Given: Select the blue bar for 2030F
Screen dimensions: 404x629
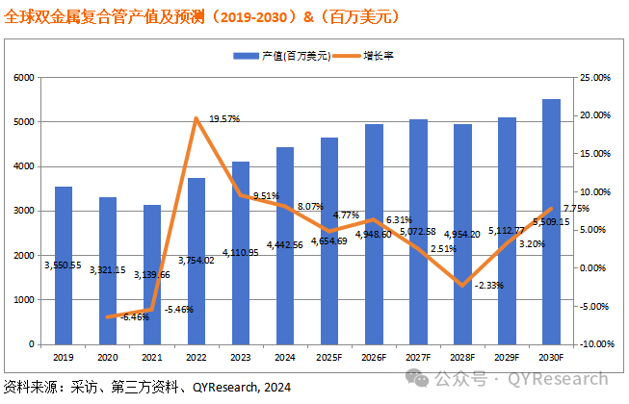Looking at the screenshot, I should point(551,221).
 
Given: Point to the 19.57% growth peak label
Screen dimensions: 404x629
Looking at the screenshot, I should point(223,118).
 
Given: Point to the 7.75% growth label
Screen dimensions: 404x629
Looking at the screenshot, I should point(576,208).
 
